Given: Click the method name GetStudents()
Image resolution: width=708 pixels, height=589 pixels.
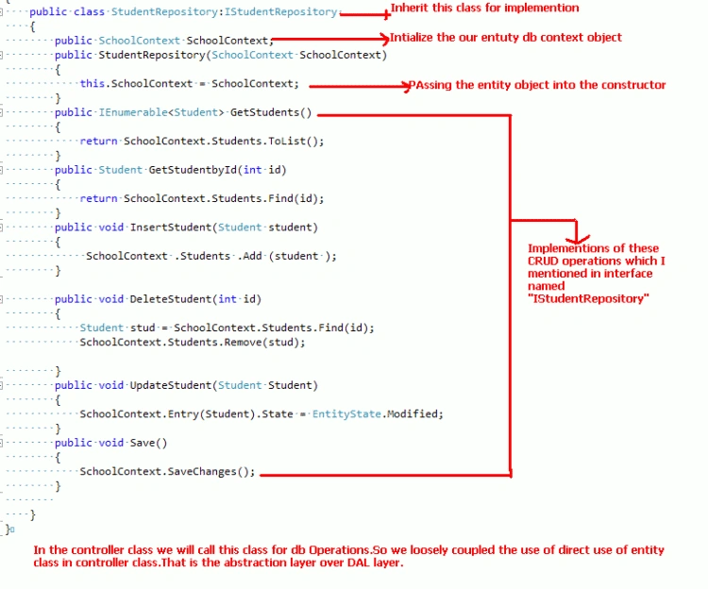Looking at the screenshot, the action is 271,112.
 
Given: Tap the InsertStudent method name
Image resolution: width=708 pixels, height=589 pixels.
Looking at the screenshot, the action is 171,227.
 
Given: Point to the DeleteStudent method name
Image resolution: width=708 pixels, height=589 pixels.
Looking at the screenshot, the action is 171,299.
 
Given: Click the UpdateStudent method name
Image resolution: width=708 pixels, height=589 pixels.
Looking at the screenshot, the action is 171,385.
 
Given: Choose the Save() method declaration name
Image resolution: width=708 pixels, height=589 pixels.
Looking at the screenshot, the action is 148,443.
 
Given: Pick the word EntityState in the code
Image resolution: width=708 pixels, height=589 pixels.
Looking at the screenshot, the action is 346,413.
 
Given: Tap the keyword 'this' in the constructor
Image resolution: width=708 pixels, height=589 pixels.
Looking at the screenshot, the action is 93,83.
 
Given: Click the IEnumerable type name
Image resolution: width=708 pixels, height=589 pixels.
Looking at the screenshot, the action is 133,112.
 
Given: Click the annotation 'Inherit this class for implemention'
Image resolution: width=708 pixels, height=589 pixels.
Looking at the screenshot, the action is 484,8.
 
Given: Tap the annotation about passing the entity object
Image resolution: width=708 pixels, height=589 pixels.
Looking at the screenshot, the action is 537,85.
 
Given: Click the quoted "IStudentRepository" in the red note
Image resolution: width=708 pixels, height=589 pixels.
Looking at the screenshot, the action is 588,299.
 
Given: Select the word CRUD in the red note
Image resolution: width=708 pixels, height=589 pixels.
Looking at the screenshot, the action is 543,261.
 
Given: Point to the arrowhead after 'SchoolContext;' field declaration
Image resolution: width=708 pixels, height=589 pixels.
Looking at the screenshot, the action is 385,39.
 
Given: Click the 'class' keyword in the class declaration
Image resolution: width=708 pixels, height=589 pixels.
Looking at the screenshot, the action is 89,11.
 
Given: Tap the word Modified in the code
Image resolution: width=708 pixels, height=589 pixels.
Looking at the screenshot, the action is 412,413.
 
